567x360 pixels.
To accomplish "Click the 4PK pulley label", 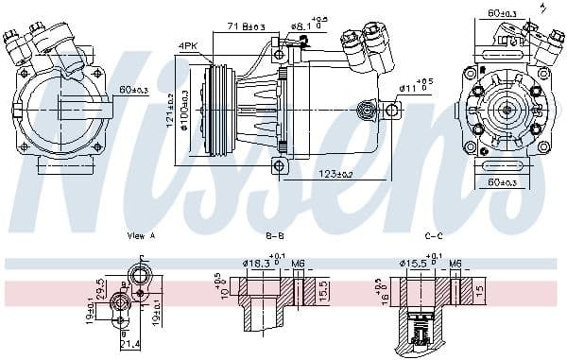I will (187, 45).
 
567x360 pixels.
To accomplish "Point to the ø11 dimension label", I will (413, 87).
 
